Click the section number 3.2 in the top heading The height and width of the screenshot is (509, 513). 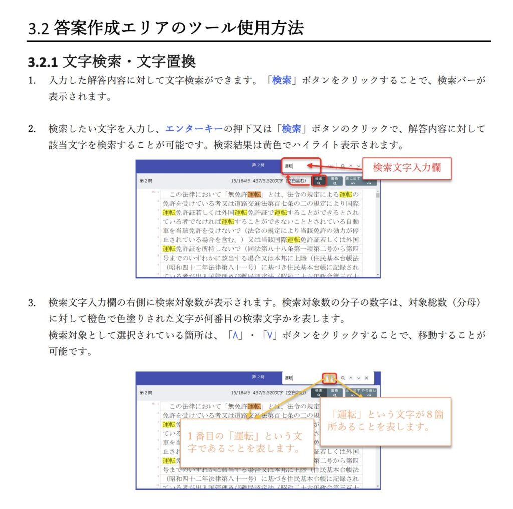coord(38,28)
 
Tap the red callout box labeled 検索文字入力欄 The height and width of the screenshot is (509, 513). coord(406,168)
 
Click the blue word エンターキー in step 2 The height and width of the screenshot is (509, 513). coord(194,129)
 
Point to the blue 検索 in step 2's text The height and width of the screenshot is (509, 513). coord(291,129)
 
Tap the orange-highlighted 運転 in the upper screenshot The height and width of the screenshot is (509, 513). coord(254,194)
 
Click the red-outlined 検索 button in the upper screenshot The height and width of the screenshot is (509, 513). coord(319,181)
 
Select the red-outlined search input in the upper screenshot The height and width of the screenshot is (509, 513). coord(301,166)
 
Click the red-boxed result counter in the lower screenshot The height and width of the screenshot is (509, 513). coord(329,378)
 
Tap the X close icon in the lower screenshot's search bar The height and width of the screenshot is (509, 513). coord(366,378)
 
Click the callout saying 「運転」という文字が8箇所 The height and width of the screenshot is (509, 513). coord(385,421)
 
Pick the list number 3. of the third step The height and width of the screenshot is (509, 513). coord(32,303)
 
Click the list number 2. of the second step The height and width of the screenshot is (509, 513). coord(32,129)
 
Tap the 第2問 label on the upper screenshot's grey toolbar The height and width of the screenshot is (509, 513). coord(145,181)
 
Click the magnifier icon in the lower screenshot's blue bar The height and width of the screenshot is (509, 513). coord(343,378)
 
